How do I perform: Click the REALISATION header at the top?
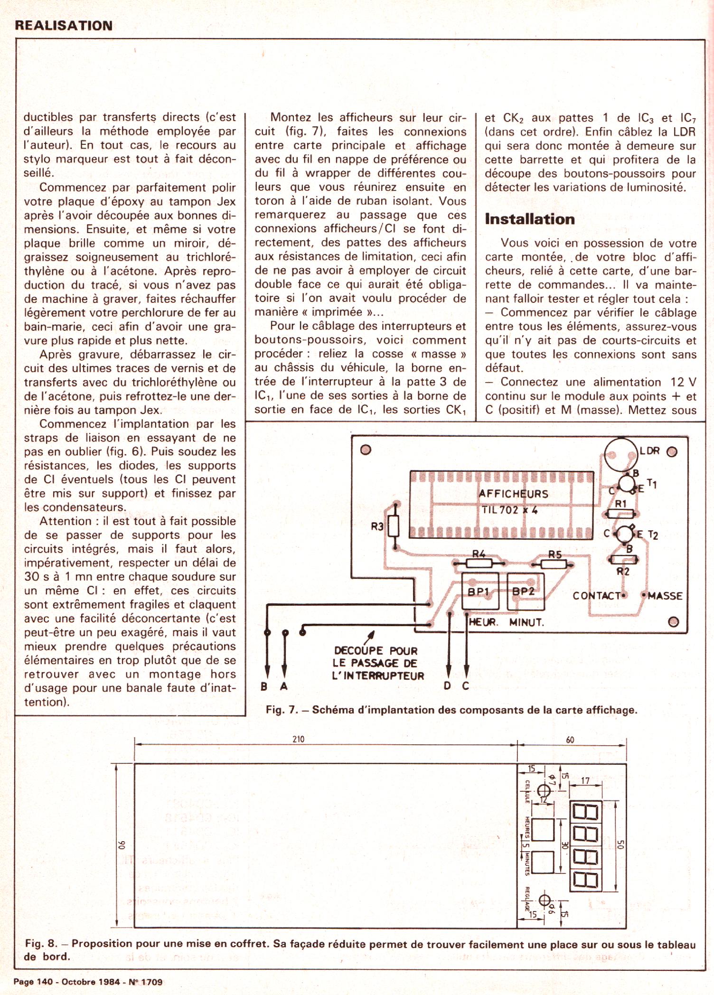[x=64, y=26]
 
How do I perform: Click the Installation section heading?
[x=529, y=219]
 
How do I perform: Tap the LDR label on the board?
[x=649, y=451]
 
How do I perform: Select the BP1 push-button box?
[x=480, y=591]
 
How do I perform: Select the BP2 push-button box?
[x=525, y=591]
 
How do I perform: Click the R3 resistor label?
[x=377, y=526]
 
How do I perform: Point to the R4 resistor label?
[x=479, y=554]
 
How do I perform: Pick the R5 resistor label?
[x=554, y=554]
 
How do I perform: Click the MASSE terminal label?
[x=665, y=596]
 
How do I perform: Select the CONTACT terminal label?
[x=597, y=596]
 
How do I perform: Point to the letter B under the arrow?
[x=264, y=686]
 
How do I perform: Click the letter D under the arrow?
[x=447, y=686]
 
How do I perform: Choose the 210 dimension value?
[x=298, y=739]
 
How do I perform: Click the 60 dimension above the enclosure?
[x=570, y=740]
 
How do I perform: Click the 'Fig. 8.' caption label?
[x=40, y=944]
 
